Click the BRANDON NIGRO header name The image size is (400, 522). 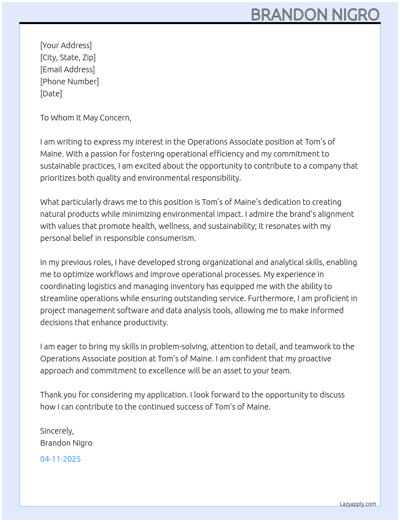pos(315,15)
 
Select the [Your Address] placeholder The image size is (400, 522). pos(66,45)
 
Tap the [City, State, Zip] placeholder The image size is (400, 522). pos(68,57)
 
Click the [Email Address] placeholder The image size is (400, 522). pos(67,69)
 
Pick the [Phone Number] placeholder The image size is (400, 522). pos(69,82)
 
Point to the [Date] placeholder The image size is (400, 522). pos(51,94)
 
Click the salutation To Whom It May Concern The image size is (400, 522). pos(86,118)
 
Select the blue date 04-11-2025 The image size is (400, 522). pos(60,459)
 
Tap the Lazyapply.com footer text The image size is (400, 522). pos(358,504)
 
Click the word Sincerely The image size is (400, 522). pos(57,431)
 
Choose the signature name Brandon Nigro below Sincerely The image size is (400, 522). pos(66,443)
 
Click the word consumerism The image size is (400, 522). pos(171,238)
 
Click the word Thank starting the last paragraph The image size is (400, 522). pos(50,395)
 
